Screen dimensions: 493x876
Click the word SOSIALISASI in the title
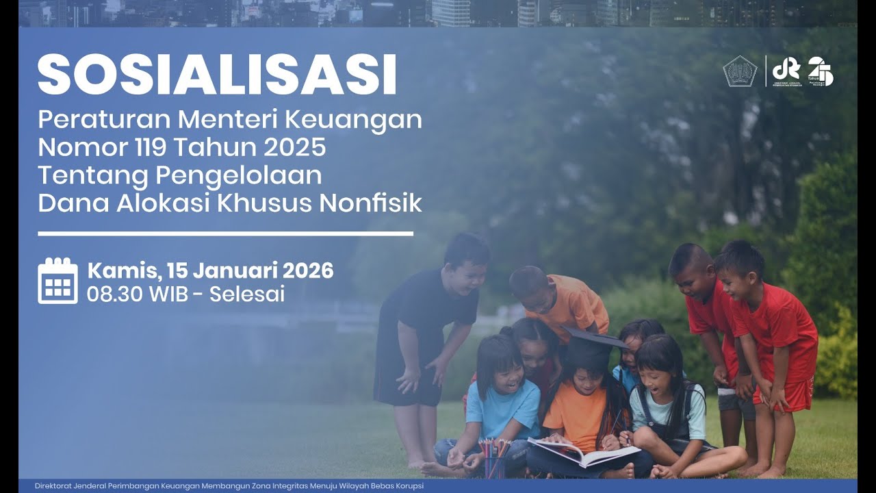(x=217, y=74)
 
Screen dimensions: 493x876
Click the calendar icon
(x=57, y=281)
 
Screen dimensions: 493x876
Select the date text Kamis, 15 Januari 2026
(x=210, y=270)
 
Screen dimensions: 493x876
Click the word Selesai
(x=247, y=294)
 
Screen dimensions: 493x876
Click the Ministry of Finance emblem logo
(x=740, y=71)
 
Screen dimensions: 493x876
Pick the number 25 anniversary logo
(x=820, y=71)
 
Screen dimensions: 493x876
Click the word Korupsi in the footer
(x=408, y=486)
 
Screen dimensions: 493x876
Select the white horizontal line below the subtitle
(x=225, y=233)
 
